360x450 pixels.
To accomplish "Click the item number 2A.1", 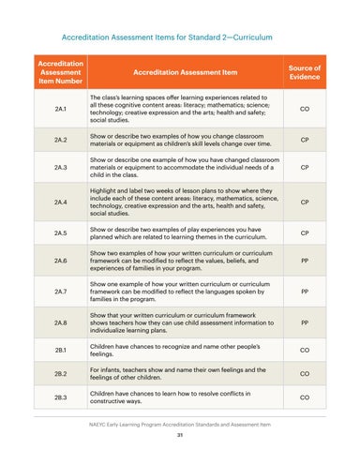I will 60,108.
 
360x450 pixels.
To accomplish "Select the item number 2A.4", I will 60,201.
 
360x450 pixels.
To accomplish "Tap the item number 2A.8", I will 60,325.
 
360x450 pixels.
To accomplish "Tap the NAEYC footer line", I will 179,424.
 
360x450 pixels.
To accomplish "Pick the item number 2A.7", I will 60,292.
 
